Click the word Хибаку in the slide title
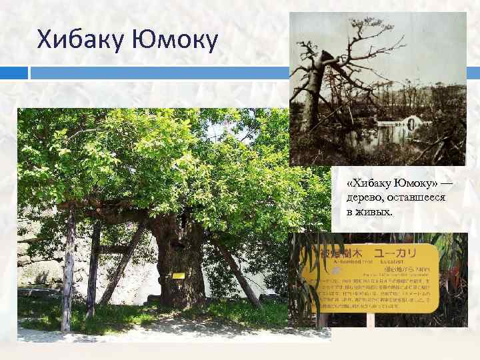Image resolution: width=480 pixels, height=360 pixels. click(79, 41)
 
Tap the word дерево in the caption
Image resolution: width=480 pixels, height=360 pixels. click(363, 198)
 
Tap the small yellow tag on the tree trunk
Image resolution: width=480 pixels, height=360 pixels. click(178, 275)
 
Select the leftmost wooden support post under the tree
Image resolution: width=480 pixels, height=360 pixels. click(68, 273)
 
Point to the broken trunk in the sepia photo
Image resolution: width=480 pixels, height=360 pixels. click(315, 87)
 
